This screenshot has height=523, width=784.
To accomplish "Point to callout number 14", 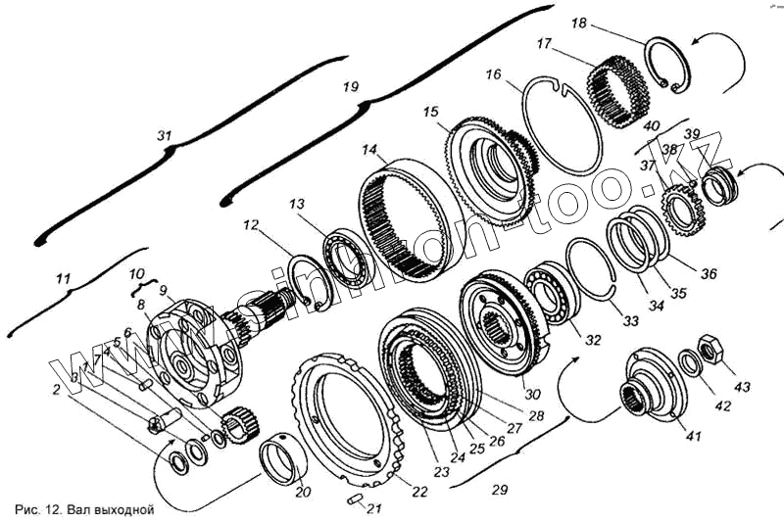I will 368,151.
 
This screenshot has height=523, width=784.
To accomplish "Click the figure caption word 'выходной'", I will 123,510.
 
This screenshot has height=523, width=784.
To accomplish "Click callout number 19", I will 351,87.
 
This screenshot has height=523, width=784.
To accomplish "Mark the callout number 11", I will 64,280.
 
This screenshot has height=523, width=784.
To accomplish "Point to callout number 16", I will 493,74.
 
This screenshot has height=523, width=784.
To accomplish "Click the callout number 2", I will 57,389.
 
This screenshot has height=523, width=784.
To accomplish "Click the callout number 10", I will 137,273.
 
